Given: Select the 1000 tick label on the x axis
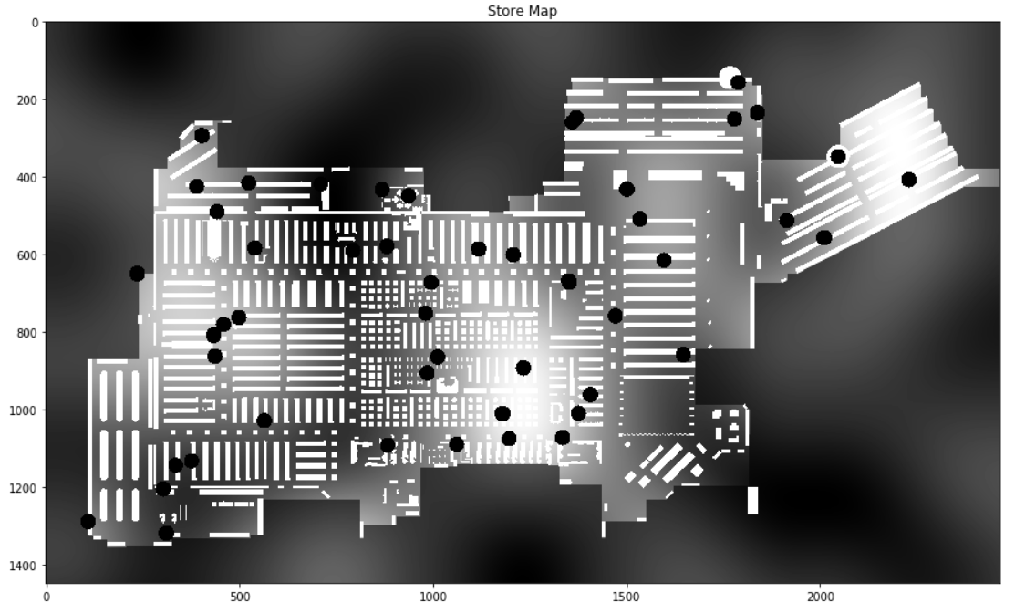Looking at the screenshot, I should coord(433,597).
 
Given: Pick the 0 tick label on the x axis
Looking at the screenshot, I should coord(47,597).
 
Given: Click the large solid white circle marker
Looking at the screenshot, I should coord(728,78).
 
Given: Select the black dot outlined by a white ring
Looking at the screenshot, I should coord(837,157).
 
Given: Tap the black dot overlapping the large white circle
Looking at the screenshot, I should coord(738,83).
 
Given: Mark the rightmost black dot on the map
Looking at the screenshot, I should coord(908,180).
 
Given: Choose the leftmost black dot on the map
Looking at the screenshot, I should coord(88,522).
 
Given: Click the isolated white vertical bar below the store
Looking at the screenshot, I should coord(752,501).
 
